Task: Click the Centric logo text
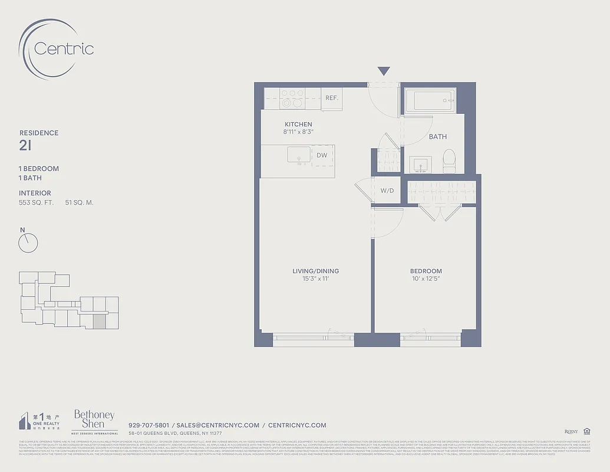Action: point(64,48)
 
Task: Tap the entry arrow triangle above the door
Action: point(384,71)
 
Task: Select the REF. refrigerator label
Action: point(332,98)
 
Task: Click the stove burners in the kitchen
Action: point(292,98)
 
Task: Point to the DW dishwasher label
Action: point(322,156)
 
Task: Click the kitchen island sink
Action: point(299,155)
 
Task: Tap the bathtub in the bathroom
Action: point(430,101)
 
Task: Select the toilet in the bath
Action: point(449,160)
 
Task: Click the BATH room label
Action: point(437,137)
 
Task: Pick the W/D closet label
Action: point(387,191)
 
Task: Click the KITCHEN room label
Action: point(298,124)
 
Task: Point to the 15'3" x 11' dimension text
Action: point(315,278)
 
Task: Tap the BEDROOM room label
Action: point(426,271)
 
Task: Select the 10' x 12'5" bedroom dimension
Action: point(426,278)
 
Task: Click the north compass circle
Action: point(28,242)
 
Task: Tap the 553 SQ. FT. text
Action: point(37,203)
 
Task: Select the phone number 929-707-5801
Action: point(149,425)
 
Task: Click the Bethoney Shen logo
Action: point(94,420)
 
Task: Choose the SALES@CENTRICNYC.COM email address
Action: point(218,425)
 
